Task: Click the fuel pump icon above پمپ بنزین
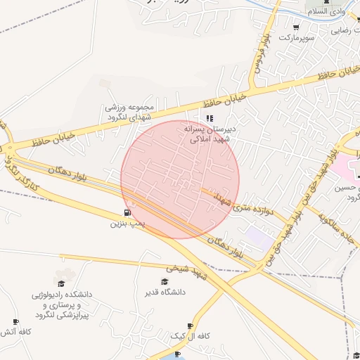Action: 127,212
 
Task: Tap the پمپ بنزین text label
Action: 127,224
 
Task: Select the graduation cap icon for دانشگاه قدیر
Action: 165,281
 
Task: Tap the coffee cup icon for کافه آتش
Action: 15,322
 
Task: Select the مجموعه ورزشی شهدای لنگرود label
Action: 129,112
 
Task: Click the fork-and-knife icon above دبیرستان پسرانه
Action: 210,118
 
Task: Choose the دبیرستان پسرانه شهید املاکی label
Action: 215,134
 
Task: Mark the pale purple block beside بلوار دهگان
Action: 258,238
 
